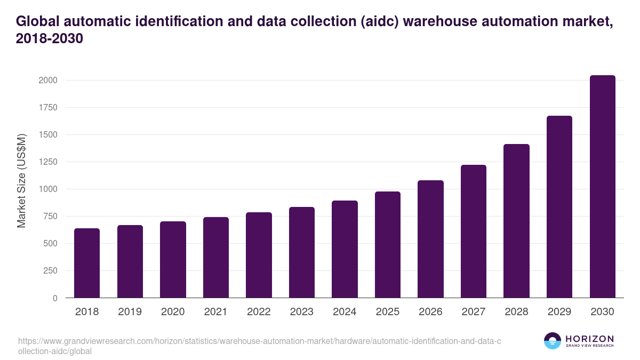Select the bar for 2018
tap(87, 263)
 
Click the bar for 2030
tap(602, 187)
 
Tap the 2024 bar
tap(345, 249)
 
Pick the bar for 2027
tap(473, 231)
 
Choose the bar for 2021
tap(215, 258)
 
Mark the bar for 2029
tap(559, 207)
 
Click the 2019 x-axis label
tap(130, 312)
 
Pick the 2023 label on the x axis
tap(301, 312)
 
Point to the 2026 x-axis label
tap(430, 312)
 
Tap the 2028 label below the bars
tap(516, 312)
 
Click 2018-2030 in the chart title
tap(50, 39)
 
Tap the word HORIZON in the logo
tap(590, 339)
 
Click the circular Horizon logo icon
tap(552, 341)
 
